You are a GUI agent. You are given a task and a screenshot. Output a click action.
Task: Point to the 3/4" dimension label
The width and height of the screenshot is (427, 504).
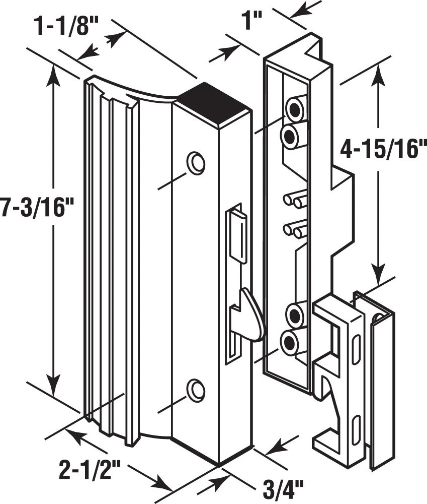(283, 488)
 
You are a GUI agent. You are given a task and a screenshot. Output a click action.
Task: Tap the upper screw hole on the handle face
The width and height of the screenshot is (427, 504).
(196, 162)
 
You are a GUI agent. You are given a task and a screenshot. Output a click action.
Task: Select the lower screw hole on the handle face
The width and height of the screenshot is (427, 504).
(196, 389)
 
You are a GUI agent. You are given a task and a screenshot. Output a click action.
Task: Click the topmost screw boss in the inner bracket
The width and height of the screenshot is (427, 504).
(294, 107)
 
